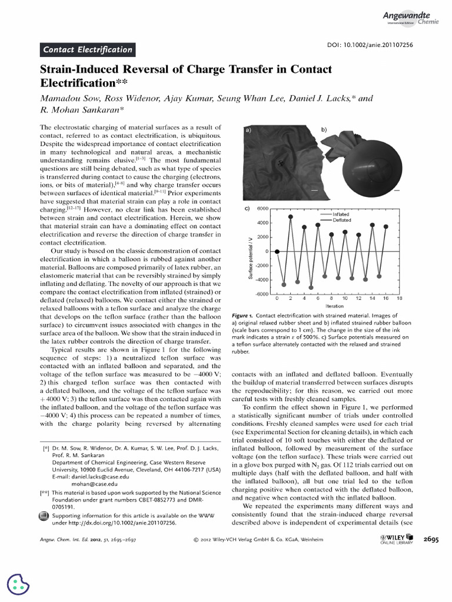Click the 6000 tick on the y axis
click(x=262, y=209)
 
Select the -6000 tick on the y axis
click(x=261, y=294)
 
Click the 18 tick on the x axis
click(x=399, y=299)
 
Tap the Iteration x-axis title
click(x=334, y=306)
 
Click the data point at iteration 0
click(x=277, y=252)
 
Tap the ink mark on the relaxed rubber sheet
click(x=280, y=163)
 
